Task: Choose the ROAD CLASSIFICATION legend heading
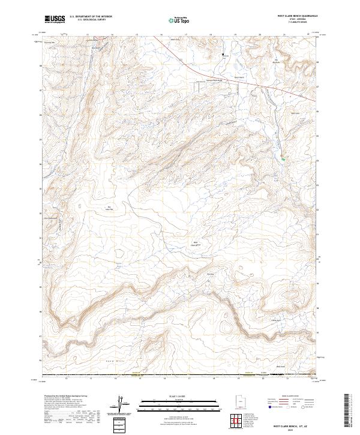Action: (x=288, y=397)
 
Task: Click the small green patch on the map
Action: (x=283, y=158)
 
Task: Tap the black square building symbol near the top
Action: (x=224, y=55)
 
